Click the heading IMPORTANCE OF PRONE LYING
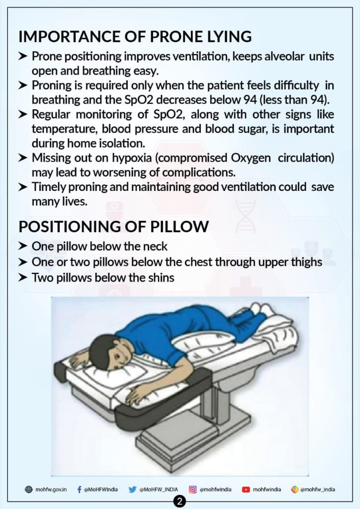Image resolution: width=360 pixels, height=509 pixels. (135, 37)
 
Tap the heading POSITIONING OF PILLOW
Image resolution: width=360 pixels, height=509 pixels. (113, 227)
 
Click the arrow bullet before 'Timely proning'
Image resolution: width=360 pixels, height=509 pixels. (23, 187)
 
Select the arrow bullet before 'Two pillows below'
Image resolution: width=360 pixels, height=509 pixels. (23, 277)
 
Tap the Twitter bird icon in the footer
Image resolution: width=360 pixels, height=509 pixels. (132, 490)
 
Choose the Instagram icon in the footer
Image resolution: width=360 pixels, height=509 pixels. (193, 490)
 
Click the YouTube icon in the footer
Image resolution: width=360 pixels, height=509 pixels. (246, 490)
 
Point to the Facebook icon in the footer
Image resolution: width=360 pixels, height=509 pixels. (80, 490)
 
